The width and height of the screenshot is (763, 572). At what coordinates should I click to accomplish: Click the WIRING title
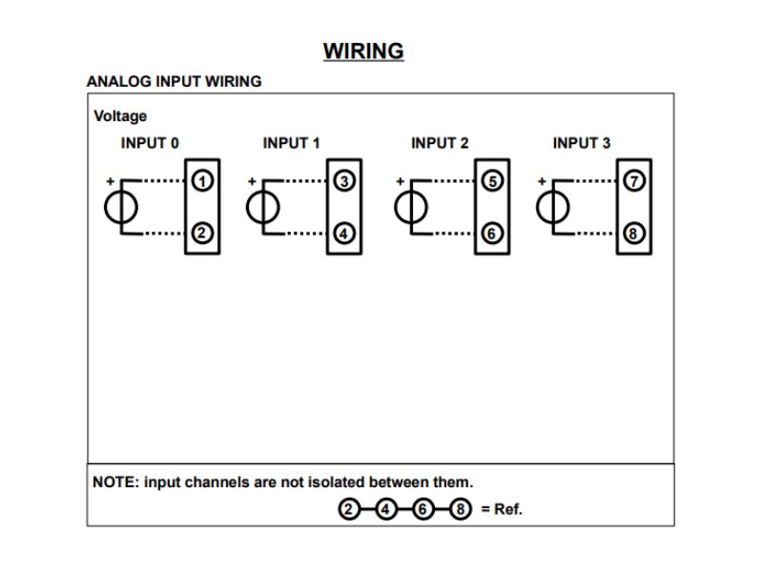click(363, 51)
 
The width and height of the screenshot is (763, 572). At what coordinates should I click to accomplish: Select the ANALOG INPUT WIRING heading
click(174, 82)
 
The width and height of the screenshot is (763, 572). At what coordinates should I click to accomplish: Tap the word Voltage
click(120, 116)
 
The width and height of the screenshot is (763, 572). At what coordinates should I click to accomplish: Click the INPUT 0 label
click(150, 143)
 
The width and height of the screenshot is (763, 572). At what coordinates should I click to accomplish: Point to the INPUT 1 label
click(291, 143)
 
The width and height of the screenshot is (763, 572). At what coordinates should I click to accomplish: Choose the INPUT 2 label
click(440, 143)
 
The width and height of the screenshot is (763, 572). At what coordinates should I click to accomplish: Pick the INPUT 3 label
click(582, 143)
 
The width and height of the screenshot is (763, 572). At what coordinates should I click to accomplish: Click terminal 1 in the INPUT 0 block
click(202, 179)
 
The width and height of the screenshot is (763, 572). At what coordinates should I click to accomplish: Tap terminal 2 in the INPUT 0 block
click(202, 233)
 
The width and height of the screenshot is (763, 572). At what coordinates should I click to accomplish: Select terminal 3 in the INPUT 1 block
click(344, 179)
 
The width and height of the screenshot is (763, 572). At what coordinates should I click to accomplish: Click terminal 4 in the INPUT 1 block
click(344, 233)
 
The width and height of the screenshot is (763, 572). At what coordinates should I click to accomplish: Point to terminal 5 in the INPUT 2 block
click(492, 179)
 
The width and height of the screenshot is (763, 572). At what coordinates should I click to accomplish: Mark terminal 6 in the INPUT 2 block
click(492, 233)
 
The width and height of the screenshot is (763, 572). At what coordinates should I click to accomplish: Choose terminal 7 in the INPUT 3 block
click(634, 179)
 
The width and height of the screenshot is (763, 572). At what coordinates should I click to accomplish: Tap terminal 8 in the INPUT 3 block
click(634, 233)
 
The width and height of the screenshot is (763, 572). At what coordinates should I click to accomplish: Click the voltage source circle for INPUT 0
click(121, 206)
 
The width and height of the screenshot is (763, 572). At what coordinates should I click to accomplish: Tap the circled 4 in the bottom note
click(386, 509)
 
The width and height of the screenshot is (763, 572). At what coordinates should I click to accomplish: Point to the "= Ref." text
click(502, 509)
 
